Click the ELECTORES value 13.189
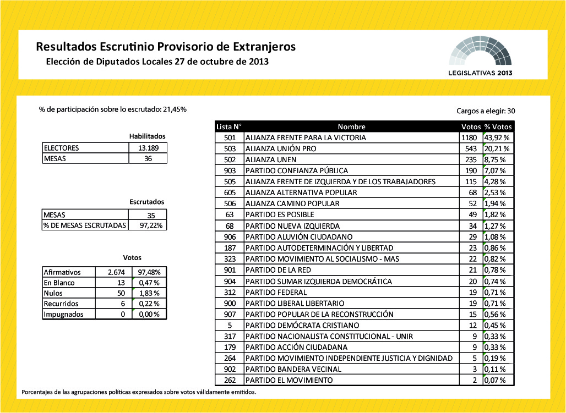pos(147,148)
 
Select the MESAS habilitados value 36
pos(147,158)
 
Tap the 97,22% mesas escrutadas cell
pos(147,225)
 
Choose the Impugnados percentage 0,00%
pos(149,314)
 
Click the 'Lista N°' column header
pos(229,126)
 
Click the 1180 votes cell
pos(469,137)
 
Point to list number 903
pos(230,170)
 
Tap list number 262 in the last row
pos(230,381)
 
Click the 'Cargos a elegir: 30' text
pos(486,111)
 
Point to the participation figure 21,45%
pos(175,109)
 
